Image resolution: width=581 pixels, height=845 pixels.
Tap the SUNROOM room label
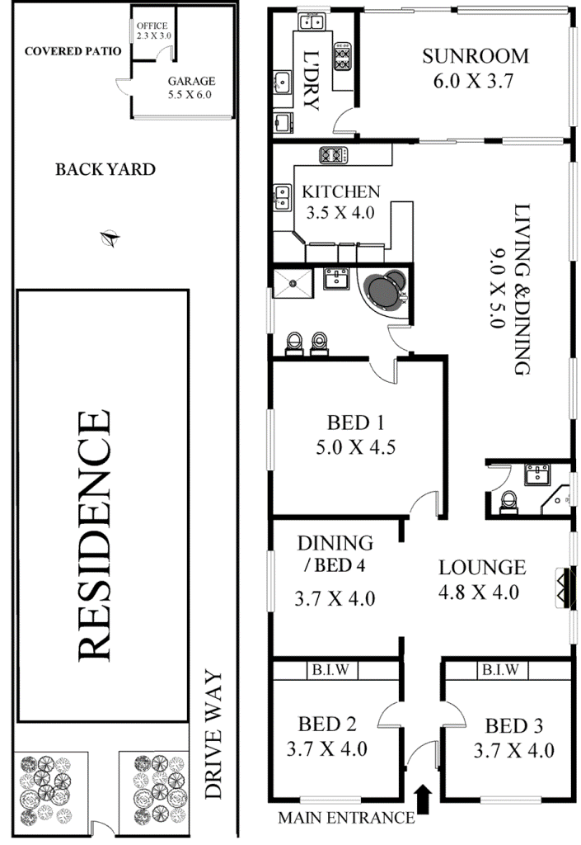[x=475, y=56]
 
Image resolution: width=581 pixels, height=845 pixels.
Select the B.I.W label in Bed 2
[x=330, y=669]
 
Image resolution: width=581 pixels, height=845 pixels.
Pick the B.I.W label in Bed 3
[x=500, y=669]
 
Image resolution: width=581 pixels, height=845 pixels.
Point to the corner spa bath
[x=384, y=291]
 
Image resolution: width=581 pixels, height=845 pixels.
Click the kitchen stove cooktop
[x=334, y=155]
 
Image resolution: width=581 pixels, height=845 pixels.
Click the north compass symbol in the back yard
[x=110, y=238]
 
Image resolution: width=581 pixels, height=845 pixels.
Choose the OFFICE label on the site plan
[x=152, y=26]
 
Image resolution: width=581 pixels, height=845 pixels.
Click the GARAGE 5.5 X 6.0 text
[x=191, y=87]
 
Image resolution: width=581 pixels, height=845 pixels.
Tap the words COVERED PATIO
[x=73, y=51]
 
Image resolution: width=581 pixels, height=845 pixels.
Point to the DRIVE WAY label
[x=213, y=734]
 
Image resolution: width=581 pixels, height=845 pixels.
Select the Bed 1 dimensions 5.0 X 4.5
[x=355, y=446]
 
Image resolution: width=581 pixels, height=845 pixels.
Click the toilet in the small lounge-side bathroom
[x=508, y=501]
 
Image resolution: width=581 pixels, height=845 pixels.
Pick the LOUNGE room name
[x=482, y=567]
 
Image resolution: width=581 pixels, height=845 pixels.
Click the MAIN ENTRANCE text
[x=346, y=818]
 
